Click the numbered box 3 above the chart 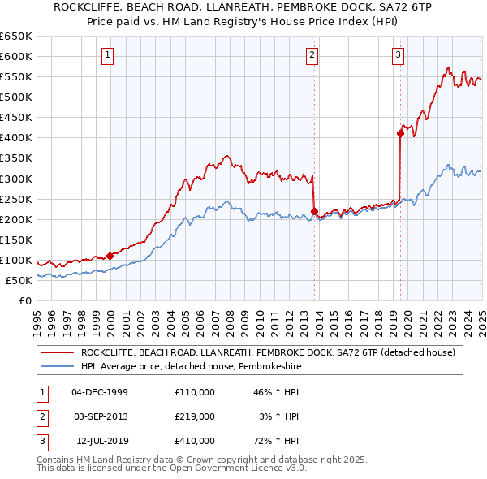click(x=399, y=55)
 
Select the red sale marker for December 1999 click(x=110, y=255)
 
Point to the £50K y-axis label click(x=19, y=280)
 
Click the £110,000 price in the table click(x=194, y=392)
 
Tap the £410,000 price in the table click(x=194, y=441)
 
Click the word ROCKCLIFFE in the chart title click(x=86, y=7)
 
